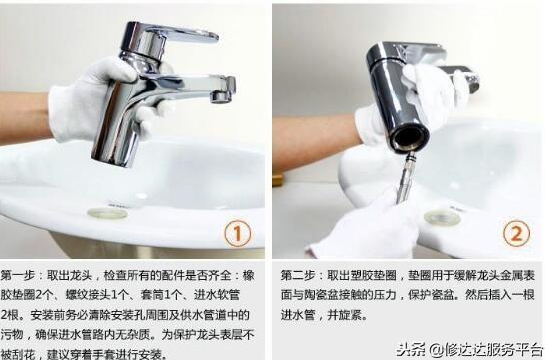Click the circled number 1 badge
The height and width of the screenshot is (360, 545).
tap(235, 234)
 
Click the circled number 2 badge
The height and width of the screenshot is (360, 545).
tap(516, 234)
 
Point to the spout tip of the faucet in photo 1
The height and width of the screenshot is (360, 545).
tap(221, 95)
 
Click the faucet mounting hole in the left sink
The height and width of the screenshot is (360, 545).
tap(107, 212)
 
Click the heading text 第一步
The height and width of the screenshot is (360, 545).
tap(21, 275)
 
